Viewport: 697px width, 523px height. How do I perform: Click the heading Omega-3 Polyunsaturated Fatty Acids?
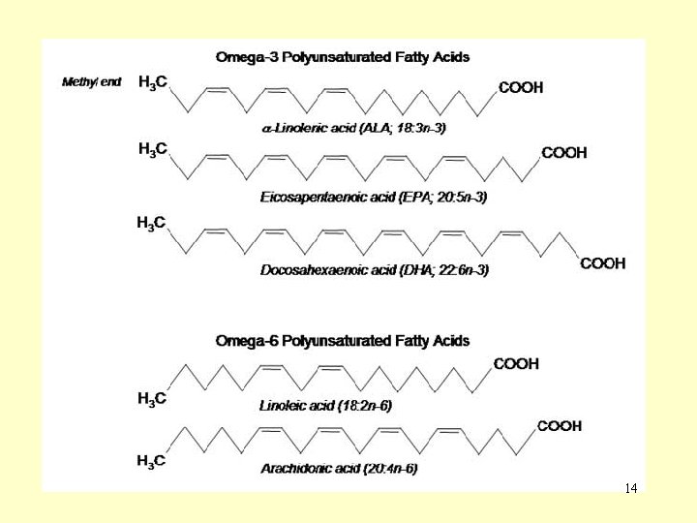[342, 57]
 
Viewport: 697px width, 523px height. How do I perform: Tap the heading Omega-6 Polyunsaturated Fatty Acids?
[342, 341]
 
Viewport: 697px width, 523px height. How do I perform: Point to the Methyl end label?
[92, 82]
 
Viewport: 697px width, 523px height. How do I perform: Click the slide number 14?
[631, 488]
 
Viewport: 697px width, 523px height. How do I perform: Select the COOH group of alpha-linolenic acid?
[521, 88]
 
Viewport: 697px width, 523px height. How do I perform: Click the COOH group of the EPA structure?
[563, 153]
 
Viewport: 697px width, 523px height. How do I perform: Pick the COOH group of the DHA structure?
[602, 263]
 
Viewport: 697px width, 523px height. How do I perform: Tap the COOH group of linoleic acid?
[516, 364]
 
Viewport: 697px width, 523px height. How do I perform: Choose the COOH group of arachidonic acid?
[560, 426]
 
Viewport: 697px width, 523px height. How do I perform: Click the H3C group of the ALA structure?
[153, 83]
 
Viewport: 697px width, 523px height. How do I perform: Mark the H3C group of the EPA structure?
[153, 149]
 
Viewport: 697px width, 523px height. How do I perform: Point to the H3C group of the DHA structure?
[151, 224]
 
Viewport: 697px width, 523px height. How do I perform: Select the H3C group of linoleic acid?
[153, 399]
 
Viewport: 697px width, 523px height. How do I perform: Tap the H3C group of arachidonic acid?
[151, 461]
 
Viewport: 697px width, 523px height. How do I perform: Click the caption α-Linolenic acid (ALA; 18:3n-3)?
[354, 127]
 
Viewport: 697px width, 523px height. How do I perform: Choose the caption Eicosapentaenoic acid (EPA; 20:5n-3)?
[374, 198]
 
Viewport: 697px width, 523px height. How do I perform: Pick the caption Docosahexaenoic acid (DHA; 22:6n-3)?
[375, 271]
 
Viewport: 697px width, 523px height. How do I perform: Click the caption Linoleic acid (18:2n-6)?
[325, 405]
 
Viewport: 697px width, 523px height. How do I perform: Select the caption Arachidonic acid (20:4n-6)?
[339, 469]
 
